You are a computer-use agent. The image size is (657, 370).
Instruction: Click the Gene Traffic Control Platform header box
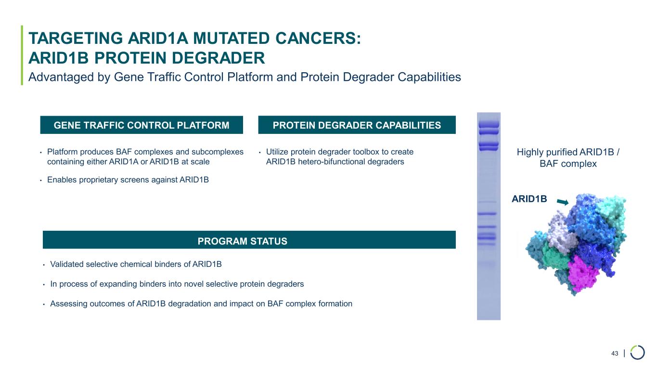142,125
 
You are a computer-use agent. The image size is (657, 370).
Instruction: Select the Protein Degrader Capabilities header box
357,125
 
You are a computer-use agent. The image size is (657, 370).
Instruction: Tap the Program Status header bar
249,239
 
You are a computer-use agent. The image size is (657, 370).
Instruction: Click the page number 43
615,353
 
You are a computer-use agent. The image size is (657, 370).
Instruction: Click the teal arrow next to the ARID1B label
563,202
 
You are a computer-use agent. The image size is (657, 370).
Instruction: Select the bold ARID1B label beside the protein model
529,199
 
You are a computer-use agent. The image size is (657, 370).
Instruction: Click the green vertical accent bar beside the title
22,55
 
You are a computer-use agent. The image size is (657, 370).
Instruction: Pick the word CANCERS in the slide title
315,39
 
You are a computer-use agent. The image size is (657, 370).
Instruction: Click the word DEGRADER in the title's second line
218,58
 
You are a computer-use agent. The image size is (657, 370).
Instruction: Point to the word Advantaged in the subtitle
69,77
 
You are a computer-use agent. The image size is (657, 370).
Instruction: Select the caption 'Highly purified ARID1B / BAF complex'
568,158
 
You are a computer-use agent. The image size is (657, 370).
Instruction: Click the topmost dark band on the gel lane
489,124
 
